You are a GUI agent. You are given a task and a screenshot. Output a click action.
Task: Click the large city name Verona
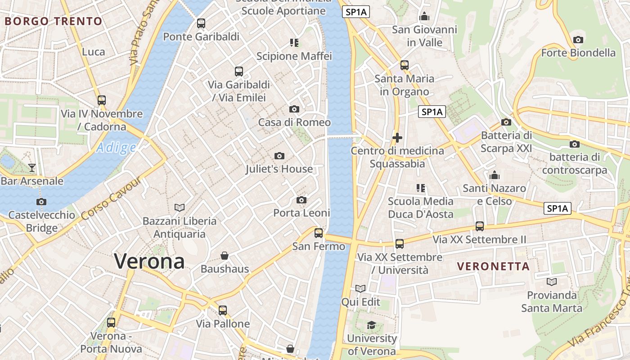pyautogui.click(x=149, y=261)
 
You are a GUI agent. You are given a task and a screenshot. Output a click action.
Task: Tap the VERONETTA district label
pyautogui.click(x=493, y=266)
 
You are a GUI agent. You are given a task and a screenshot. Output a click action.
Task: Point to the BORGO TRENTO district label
pyautogui.click(x=54, y=21)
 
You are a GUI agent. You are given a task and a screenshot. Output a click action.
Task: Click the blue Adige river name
pyautogui.click(x=116, y=148)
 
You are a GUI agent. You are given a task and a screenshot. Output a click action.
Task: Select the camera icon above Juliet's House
pyautogui.click(x=279, y=156)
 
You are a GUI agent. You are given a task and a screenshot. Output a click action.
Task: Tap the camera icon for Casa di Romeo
pyautogui.click(x=294, y=109)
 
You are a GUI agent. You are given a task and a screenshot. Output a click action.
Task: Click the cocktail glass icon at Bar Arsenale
pyautogui.click(x=32, y=168)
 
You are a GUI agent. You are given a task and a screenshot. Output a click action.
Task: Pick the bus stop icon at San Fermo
pyautogui.click(x=319, y=233)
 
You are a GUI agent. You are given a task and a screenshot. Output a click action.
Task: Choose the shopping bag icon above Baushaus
pyautogui.click(x=225, y=256)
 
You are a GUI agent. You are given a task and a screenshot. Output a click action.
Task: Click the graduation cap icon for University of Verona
pyautogui.click(x=371, y=325)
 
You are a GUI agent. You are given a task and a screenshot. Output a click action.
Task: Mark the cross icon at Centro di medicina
pyautogui.click(x=397, y=138)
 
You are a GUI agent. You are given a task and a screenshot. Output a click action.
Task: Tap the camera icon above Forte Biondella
pyautogui.click(x=578, y=40)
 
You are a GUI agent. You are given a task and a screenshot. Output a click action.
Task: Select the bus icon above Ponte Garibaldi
pyautogui.click(x=201, y=23)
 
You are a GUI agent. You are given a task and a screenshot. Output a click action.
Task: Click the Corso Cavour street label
pyautogui.click(x=111, y=198)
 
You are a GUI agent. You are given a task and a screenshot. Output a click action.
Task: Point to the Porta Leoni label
pyautogui.click(x=301, y=213)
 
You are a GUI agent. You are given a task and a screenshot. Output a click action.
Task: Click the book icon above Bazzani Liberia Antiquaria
pyautogui.click(x=180, y=208)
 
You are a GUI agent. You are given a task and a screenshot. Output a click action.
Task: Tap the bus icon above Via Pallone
pyautogui.click(x=223, y=310)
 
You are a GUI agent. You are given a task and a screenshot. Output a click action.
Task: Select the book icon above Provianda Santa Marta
pyautogui.click(x=552, y=282)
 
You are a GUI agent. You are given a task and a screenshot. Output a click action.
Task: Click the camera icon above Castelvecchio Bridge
pyautogui.click(x=41, y=202)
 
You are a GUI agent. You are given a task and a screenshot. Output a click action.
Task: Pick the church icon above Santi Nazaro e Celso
pyautogui.click(x=495, y=175)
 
